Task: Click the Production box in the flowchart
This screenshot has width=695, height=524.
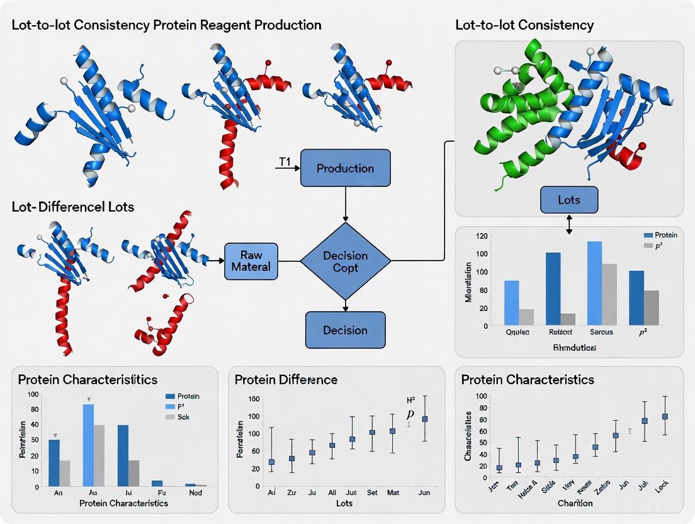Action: (x=345, y=168)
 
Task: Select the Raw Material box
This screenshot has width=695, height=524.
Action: (x=255, y=261)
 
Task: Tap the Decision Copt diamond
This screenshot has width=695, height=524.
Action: (x=345, y=261)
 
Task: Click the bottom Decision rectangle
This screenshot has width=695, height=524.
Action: (x=345, y=330)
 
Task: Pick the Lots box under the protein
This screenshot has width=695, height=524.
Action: (x=569, y=200)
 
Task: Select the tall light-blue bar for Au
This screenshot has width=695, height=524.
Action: (x=89, y=445)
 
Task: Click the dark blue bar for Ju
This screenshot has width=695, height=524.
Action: (x=123, y=455)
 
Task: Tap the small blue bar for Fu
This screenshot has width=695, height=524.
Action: (x=157, y=483)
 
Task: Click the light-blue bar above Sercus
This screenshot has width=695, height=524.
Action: (x=594, y=282)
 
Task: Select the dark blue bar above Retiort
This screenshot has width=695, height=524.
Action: (x=553, y=288)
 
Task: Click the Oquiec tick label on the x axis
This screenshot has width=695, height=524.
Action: (x=517, y=332)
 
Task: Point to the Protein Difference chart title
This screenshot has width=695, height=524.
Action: (x=286, y=380)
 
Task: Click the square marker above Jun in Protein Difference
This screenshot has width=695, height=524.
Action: (x=425, y=419)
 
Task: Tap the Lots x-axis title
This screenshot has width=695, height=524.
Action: (x=344, y=503)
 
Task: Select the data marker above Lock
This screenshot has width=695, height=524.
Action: (x=665, y=416)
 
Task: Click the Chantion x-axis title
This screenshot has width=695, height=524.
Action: (x=574, y=503)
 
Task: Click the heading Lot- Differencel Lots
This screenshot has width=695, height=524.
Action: (x=73, y=207)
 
